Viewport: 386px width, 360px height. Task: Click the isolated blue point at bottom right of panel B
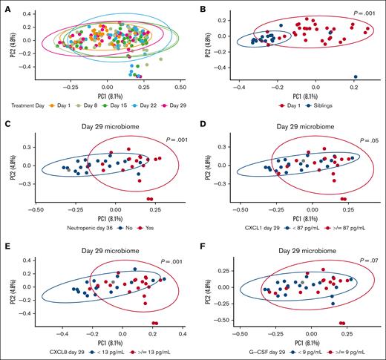(356, 76)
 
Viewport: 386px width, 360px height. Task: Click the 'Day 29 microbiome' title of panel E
(102, 241)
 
